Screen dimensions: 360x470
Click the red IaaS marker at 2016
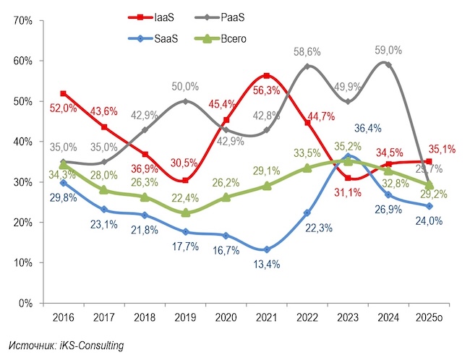tap(64, 93)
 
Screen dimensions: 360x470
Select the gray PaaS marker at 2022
tap(309, 67)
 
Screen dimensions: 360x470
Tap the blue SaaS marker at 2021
tap(268, 249)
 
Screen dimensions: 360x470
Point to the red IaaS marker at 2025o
tap(430, 162)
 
